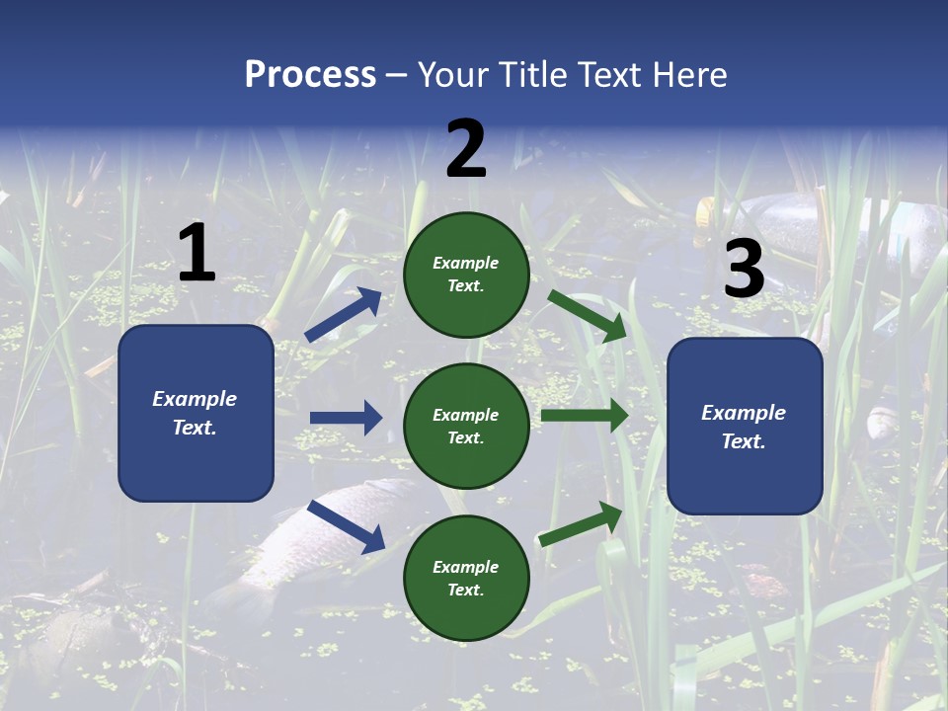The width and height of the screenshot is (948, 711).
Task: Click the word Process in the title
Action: pos(310,75)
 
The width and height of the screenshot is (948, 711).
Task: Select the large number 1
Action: pos(197,253)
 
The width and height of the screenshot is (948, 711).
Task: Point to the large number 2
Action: pos(466,149)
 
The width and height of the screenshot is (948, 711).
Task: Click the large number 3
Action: pos(744,270)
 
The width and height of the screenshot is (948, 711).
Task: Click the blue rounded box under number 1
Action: pos(196,413)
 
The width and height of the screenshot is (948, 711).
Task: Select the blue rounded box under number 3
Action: pos(745,426)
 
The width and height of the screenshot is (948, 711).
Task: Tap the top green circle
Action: pos(466,275)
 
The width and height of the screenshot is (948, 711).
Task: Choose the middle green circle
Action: pos(466,426)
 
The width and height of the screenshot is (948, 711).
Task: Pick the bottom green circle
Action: pos(466,578)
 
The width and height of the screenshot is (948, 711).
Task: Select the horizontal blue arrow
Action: pos(347,418)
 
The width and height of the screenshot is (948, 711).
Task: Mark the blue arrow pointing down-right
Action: pos(347,526)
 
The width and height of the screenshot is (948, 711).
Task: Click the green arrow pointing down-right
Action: pos(589,315)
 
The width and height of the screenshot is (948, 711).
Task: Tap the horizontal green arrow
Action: pos(585,416)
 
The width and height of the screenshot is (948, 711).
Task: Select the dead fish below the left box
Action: pos(306,543)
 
